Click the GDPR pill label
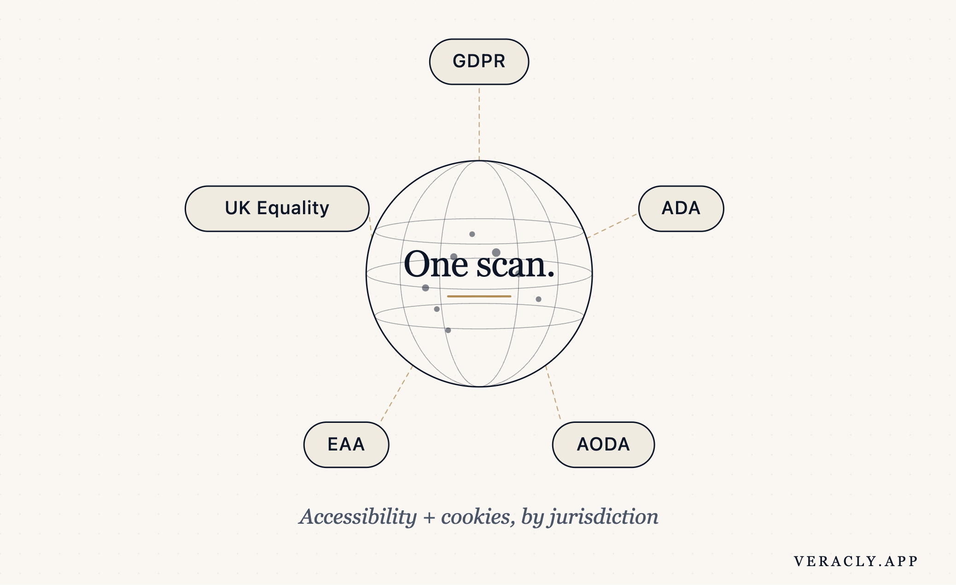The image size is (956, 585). point(479,62)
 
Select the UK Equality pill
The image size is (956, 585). point(277,209)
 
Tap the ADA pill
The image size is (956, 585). point(681,209)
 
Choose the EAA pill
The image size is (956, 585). point(346,445)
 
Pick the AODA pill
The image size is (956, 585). point(603,445)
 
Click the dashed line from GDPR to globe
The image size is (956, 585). point(479,123)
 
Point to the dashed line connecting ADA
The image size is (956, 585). point(612,226)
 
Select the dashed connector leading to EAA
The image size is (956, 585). point(396,394)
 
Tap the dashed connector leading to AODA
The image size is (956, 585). point(553,393)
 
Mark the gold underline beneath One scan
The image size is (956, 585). point(479,296)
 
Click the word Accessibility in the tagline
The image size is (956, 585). point(358,517)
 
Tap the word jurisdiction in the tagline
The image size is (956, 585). point(603,517)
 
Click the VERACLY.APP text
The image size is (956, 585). point(856,561)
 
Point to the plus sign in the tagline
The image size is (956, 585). point(429,518)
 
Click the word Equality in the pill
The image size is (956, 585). point(293,209)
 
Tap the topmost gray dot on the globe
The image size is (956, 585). point(472,234)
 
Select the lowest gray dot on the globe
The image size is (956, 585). point(448,330)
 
